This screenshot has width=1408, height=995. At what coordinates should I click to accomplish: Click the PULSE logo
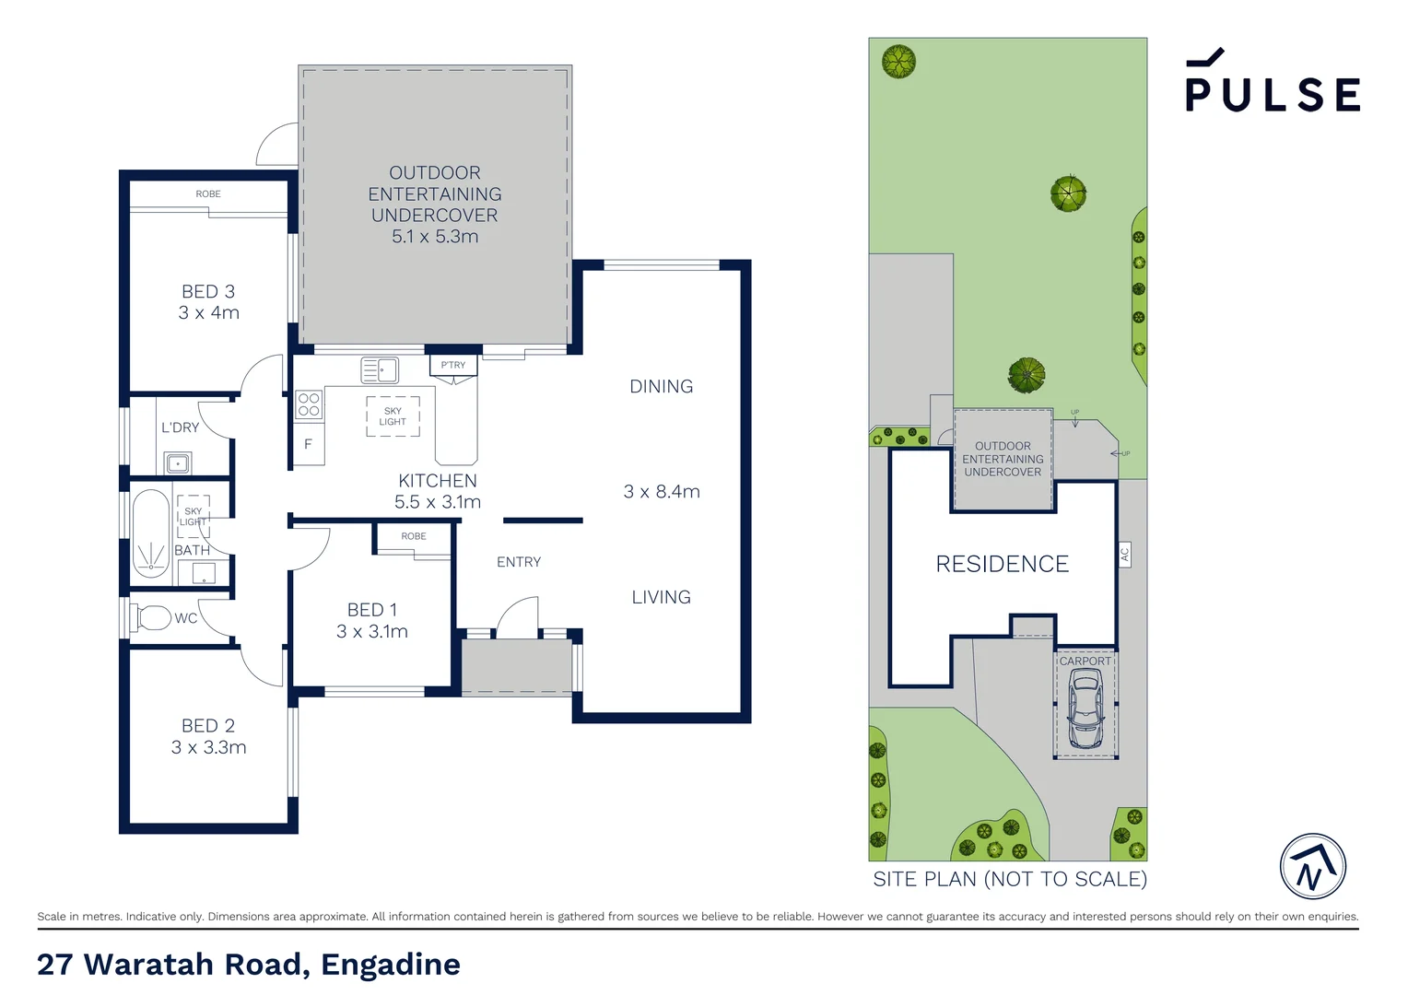coord(1272,83)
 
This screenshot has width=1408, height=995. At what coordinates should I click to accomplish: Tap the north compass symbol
coord(1312,866)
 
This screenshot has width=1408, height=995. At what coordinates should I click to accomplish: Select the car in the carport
coord(1085,708)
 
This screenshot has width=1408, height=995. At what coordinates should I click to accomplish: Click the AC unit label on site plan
coord(1124,555)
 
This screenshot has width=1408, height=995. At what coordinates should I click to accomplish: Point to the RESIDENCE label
coord(1002,564)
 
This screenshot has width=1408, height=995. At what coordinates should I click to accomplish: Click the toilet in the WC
coord(152,616)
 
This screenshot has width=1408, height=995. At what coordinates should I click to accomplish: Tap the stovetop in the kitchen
coord(309,404)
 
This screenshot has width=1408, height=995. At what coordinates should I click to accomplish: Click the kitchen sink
coord(380,370)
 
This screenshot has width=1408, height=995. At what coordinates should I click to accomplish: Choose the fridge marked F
coord(308,444)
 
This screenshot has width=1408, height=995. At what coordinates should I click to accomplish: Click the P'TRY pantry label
coord(453,365)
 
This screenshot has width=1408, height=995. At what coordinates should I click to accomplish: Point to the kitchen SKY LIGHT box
coord(393,416)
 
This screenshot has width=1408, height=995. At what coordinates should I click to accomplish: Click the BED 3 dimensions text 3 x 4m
coord(209,313)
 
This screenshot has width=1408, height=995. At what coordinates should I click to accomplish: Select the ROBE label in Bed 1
coord(414,536)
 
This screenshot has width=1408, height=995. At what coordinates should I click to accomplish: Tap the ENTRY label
coord(519,562)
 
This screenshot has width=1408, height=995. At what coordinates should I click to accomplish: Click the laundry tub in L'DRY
coord(178,462)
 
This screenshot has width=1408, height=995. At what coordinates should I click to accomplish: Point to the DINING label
coord(661,387)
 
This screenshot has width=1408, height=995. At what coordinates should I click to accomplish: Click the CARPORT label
coord(1085,661)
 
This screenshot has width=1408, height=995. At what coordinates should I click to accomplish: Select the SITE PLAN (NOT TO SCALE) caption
coord(1010,879)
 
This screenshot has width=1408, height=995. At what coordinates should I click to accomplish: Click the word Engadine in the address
coord(391,965)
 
